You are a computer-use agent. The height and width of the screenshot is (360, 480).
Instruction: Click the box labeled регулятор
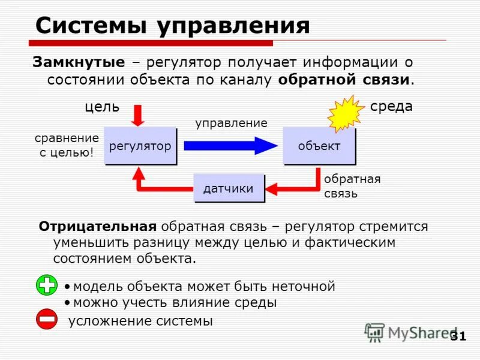[x=140, y=146]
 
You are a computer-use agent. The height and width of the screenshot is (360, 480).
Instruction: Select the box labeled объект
[x=319, y=146]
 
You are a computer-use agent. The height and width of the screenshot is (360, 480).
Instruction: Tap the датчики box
[x=228, y=189]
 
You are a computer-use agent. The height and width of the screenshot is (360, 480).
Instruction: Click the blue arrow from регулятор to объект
[x=230, y=146]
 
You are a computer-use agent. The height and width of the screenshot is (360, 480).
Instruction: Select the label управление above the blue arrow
[x=231, y=123]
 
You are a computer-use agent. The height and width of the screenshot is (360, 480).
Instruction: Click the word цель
[x=101, y=107]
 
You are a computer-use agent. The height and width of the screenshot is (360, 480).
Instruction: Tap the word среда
[x=391, y=107]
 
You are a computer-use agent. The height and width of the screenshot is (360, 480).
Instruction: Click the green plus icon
[x=46, y=285]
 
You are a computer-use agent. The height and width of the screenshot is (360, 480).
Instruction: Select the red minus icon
[x=46, y=319]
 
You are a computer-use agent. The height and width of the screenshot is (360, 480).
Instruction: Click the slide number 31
[x=458, y=336]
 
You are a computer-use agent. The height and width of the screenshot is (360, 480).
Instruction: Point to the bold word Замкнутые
[x=79, y=62]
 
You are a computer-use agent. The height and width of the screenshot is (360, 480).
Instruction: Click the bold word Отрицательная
[x=98, y=227]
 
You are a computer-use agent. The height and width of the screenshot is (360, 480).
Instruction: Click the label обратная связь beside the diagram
[x=352, y=186]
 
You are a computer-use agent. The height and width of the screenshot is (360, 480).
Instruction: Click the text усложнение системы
[x=140, y=321]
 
